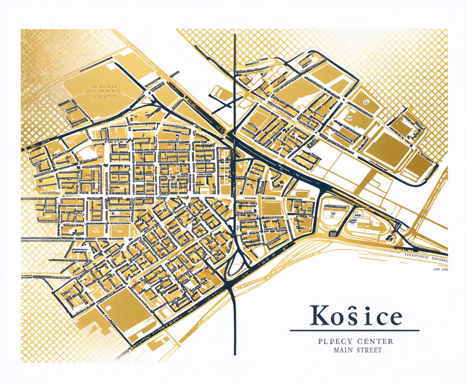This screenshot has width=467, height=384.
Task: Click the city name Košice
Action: pyautogui.click(x=356, y=316)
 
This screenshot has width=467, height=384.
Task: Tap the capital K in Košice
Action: pyautogui.click(x=319, y=316)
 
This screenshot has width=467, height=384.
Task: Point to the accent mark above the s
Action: pyautogui.click(x=350, y=307)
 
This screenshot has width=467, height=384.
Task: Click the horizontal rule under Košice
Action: pyautogui.click(x=355, y=330)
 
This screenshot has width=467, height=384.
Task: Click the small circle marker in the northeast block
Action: pyautogui.click(x=366, y=102)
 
